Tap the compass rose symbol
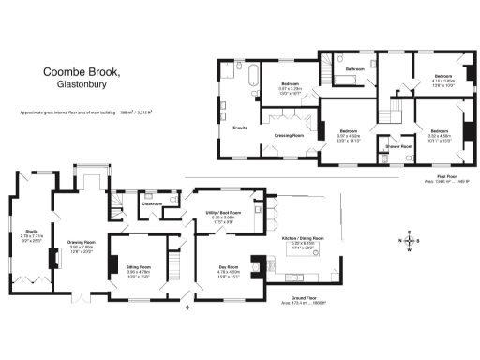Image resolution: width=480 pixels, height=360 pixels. coord(409,241)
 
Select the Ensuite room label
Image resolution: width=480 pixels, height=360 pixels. coord(239,127)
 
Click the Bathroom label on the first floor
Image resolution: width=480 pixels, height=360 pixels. coord(354,69)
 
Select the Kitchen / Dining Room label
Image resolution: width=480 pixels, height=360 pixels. coord(306,238)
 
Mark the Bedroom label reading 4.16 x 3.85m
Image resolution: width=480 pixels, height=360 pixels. coord(442,75)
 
